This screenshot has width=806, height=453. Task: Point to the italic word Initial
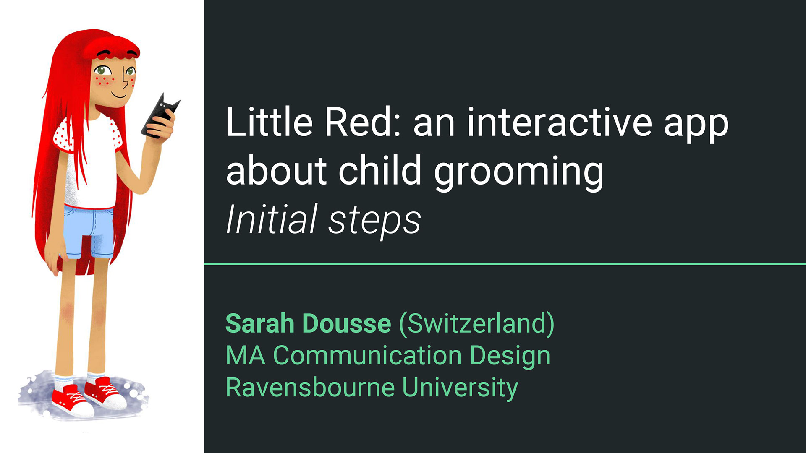[271, 219]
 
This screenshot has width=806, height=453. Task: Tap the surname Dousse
[347, 323]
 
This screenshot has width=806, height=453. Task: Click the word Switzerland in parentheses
[477, 324]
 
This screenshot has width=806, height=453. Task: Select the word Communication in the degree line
[367, 356]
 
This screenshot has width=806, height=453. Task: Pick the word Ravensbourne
[310, 387]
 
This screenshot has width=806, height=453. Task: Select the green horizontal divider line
[505, 264]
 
